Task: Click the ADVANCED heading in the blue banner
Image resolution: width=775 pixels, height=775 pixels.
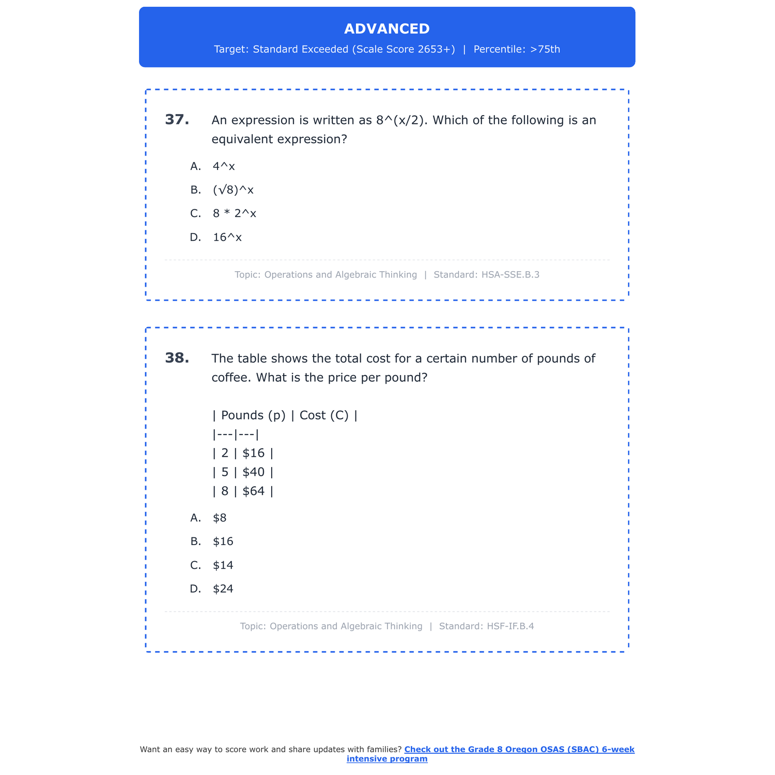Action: (386, 29)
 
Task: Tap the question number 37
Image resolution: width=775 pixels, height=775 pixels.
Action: (177, 120)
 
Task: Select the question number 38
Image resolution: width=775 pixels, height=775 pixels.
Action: (177, 358)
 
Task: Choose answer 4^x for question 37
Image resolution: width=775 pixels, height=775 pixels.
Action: (224, 166)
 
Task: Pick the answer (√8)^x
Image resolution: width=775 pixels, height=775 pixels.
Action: (233, 190)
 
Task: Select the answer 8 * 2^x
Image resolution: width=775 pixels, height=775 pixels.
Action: (234, 213)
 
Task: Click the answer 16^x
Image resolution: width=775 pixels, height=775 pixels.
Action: (227, 237)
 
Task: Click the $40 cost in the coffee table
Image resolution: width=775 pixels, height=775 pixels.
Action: (253, 472)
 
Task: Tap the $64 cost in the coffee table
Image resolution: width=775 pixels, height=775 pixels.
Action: (253, 491)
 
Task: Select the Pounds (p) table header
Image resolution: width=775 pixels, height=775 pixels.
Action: (253, 415)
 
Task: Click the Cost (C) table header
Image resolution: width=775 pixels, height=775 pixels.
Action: (324, 415)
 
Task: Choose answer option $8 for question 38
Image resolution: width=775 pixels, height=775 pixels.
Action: (220, 518)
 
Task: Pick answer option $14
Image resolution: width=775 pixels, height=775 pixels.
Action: (223, 565)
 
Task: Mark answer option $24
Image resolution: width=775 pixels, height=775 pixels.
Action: (223, 589)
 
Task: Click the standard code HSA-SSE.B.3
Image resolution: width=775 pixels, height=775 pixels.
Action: (510, 275)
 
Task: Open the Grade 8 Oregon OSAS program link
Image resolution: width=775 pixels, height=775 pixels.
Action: (519, 750)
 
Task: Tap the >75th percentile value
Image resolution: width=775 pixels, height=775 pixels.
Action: (545, 50)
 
